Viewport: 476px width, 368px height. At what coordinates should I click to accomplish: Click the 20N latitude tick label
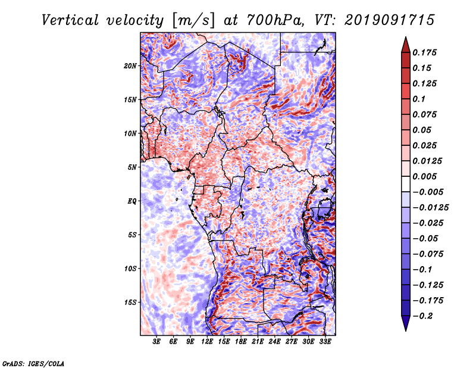coord(130,66)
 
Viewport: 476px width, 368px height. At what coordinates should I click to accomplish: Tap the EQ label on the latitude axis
coord(131,201)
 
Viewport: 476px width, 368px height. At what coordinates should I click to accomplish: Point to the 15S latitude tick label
coord(130,302)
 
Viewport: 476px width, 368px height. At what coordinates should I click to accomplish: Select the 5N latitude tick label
coord(132,167)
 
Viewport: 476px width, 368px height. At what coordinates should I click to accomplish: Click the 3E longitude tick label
coord(156,341)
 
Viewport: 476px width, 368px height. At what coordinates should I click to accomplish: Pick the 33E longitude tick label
coord(325,341)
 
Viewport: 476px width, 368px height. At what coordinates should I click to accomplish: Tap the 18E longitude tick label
coord(241,341)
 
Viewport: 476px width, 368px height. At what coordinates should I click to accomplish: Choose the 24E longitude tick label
coord(274,341)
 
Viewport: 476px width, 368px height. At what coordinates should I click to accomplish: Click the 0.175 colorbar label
coord(424,52)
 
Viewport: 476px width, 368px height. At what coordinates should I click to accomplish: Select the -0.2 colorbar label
coord(422,316)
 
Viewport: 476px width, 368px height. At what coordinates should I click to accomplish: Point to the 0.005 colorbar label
coord(424,176)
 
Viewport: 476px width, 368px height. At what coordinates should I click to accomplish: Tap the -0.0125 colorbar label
coord(430,208)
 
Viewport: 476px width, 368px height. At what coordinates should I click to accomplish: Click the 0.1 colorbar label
coord(419,99)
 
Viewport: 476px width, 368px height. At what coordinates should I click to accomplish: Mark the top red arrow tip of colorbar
coord(406,37)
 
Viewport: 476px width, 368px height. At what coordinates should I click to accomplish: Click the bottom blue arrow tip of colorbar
coord(406,330)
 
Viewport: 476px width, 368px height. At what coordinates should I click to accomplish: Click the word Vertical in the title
coord(70,20)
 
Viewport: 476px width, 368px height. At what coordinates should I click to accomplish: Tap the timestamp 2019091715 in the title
coord(390,20)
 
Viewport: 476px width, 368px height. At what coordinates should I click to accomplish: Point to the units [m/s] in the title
coord(193,21)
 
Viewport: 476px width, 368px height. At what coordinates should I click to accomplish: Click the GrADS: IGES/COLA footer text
coord(33,363)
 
